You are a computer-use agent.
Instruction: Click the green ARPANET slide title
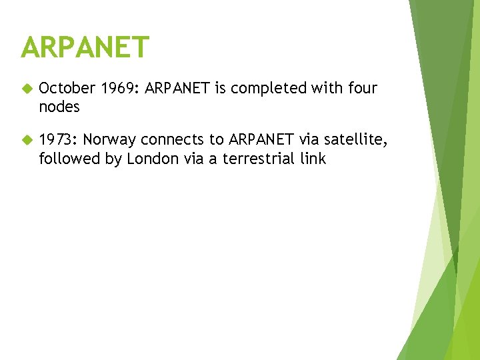(85, 47)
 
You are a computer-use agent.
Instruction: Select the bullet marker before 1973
(27, 140)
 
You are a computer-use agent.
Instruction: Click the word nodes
(59, 106)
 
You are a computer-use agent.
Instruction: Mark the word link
(313, 158)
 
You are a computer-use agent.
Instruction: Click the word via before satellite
(312, 139)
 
